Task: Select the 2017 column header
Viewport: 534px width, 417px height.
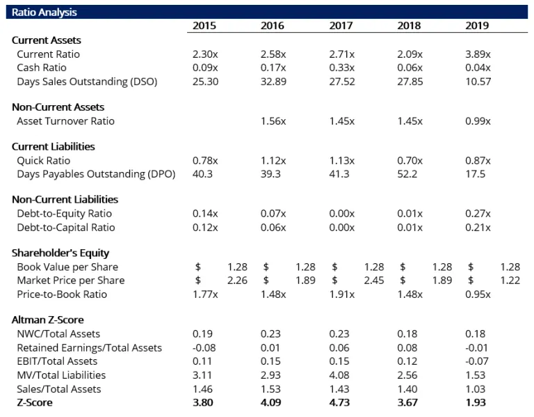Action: (x=341, y=26)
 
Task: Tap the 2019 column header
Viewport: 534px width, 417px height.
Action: (x=477, y=26)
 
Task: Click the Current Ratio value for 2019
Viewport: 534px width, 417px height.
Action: (x=478, y=54)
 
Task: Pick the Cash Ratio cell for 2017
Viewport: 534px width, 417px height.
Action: (x=341, y=68)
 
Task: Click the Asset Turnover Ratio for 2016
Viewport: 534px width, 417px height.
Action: (x=273, y=121)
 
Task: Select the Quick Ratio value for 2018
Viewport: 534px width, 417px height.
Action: (x=410, y=161)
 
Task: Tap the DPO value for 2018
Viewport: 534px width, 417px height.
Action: (x=407, y=174)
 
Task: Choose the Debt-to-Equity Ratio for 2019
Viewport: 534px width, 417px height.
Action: (x=478, y=214)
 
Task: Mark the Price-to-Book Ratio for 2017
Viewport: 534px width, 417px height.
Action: (x=341, y=294)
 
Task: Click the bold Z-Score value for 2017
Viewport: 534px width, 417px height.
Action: (x=340, y=402)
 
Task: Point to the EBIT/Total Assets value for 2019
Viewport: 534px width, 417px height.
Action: (x=477, y=361)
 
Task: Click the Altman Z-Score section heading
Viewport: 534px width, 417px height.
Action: (x=48, y=320)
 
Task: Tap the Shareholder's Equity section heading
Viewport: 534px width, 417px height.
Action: (x=60, y=253)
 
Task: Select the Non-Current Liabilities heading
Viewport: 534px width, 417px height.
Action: (x=65, y=200)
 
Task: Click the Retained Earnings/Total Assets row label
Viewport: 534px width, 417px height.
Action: (x=89, y=347)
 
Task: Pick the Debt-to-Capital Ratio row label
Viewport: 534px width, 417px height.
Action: (x=65, y=228)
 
